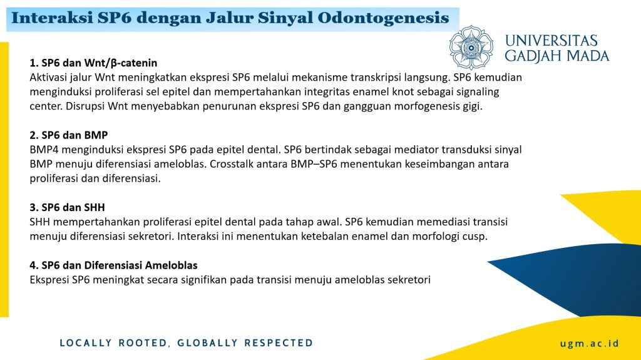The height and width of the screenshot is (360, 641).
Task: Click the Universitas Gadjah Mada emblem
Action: tap(471, 48)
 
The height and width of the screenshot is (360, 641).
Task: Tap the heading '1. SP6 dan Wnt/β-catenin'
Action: tap(93, 63)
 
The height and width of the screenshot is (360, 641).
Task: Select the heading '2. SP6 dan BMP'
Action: tap(69, 135)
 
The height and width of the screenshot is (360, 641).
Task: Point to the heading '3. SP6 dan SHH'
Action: tap(67, 207)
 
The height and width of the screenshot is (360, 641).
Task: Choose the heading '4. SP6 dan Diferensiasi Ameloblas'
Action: tap(113, 265)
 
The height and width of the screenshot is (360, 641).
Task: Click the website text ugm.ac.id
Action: tap(590, 344)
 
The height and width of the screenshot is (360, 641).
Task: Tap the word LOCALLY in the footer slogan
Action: tap(86, 343)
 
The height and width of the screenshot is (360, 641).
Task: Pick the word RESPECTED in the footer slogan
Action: tap(279, 343)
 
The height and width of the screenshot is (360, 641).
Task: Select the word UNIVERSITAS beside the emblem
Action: tap(551, 41)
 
